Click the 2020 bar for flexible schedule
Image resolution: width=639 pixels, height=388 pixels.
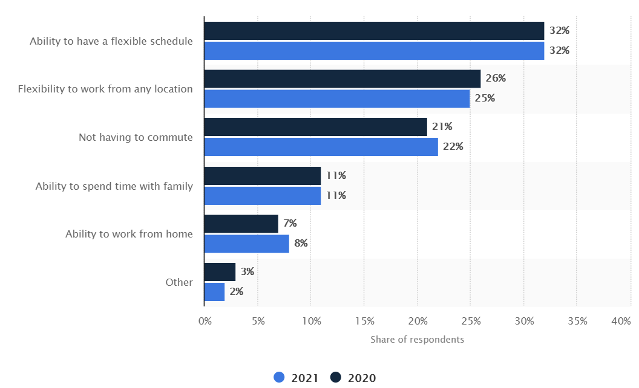374,31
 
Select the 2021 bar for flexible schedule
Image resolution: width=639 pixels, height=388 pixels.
374,51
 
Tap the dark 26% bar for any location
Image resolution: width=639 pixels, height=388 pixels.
342,79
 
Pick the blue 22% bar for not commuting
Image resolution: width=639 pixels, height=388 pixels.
321,147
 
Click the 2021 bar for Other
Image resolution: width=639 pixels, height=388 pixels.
214,292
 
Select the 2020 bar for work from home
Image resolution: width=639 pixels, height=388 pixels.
241,224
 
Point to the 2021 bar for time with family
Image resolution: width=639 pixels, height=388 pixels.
262,196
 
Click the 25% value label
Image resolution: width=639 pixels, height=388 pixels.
485,98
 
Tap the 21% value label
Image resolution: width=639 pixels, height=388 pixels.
442,126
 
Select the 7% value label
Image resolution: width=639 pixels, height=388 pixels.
290,224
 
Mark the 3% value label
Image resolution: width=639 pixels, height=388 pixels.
247,272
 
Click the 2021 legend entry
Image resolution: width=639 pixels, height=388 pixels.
296,378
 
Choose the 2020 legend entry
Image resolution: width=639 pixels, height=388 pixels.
353,378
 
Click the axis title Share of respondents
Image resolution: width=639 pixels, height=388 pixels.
417,340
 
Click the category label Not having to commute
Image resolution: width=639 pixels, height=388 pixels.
136,137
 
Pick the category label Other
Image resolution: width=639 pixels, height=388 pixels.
179,282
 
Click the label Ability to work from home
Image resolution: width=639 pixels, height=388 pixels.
129,234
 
